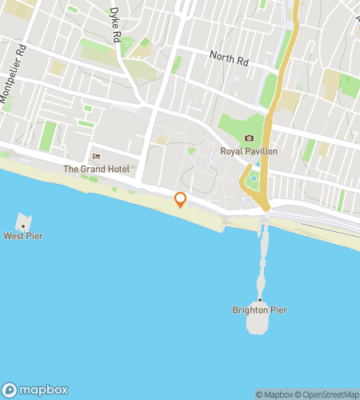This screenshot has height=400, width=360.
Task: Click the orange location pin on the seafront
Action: (180, 199)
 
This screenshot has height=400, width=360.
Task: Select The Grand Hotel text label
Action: (96, 169)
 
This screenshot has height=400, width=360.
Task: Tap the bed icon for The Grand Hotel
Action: (96, 157)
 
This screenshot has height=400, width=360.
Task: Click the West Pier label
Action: (22, 236)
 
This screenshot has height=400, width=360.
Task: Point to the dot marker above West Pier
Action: (22, 226)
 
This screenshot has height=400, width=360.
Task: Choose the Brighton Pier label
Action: (259, 310)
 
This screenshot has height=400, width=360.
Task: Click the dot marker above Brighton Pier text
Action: (259, 300)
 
